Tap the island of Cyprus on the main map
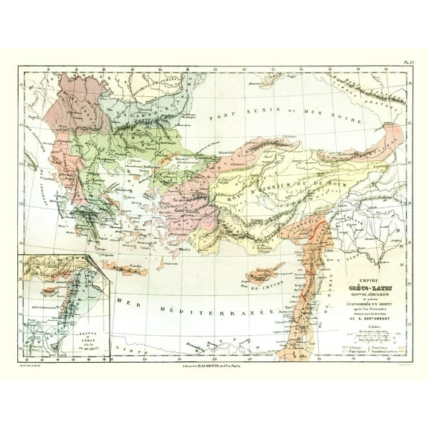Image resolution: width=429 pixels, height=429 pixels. pos(263,272)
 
